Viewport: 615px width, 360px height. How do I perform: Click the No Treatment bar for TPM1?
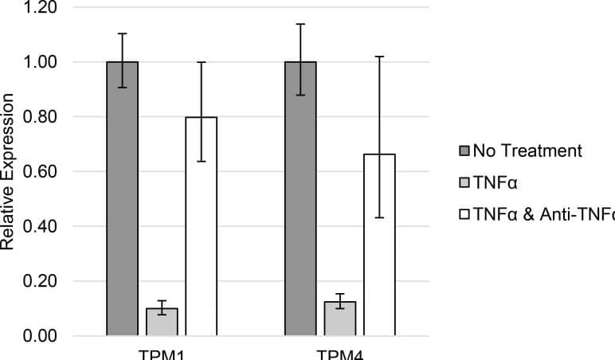[123, 198]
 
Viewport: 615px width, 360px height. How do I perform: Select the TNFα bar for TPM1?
[162, 322]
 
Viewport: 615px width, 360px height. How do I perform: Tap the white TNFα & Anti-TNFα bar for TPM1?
[201, 226]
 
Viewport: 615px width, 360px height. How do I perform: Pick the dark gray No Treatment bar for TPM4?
[300, 198]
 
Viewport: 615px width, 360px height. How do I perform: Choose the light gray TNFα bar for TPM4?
[339, 319]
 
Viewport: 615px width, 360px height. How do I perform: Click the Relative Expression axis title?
[8, 171]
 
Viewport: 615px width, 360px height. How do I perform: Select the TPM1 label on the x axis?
[162, 354]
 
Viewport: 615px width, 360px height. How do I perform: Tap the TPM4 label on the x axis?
[340, 354]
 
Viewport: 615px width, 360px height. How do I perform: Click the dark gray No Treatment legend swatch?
[464, 151]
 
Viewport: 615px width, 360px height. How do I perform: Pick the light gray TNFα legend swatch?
[464, 182]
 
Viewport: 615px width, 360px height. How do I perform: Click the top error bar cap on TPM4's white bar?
[379, 57]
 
